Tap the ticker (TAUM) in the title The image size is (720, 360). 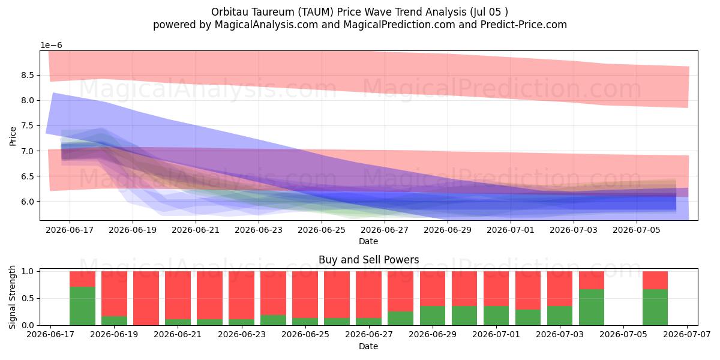pos(316,12)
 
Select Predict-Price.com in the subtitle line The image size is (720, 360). pos(524,25)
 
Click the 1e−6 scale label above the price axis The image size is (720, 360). pos(51,46)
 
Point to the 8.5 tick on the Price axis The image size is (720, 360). pos(28,75)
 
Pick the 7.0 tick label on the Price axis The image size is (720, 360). pos(28,151)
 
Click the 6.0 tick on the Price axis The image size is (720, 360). pos(28,202)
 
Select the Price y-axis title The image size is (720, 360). pos(13,137)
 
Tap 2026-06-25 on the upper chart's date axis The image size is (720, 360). pos(322,230)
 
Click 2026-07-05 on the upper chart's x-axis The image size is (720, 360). pos(637,230)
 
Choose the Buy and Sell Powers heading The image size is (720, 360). pos(368,260)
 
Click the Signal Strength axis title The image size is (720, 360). pos(12,297)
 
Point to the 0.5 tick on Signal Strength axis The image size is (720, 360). pos(28,298)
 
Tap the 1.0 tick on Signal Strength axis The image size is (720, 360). pos(28,271)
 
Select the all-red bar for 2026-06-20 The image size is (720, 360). pos(146,298)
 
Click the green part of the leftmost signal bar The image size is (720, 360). pos(83,306)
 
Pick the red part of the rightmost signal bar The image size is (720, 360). pos(655,280)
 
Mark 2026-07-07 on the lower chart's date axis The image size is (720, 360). pos(687,334)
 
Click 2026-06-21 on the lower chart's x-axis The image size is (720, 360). pos(178,334)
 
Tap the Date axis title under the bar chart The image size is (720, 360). pos(368,346)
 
